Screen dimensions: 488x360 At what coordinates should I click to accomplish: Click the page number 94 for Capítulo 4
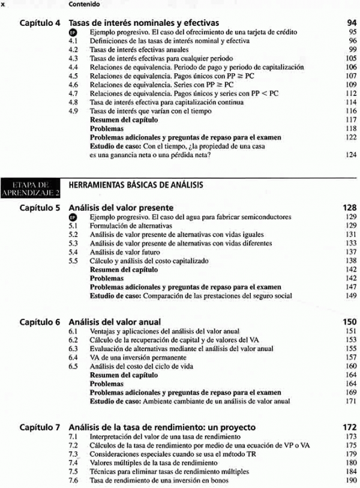(x=351, y=23)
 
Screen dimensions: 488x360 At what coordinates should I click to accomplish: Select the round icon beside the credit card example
(x=74, y=32)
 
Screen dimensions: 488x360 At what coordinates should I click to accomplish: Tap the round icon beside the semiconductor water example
(x=74, y=217)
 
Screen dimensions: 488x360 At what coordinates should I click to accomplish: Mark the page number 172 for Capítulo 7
(x=350, y=427)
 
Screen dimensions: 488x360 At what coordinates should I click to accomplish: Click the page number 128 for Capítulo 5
(x=350, y=208)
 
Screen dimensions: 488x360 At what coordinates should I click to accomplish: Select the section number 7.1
(x=74, y=437)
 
